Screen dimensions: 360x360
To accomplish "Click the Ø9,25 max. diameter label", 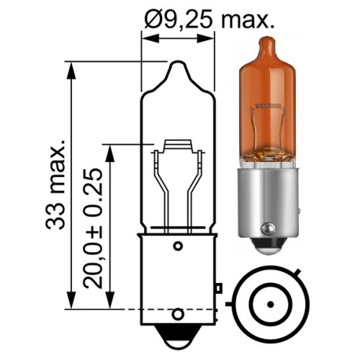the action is click(209, 19).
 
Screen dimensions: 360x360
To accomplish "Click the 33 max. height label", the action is click(55, 184).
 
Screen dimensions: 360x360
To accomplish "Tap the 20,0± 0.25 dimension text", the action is click(93, 228).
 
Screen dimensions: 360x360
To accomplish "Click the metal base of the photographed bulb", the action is click(268, 204).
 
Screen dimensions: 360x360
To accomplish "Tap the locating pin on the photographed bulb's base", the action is click(268, 229).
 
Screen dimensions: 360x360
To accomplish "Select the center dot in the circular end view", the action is click(271, 305).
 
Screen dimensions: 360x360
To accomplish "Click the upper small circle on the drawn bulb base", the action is click(178, 246).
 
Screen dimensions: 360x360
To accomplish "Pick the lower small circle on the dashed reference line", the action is click(178, 314).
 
